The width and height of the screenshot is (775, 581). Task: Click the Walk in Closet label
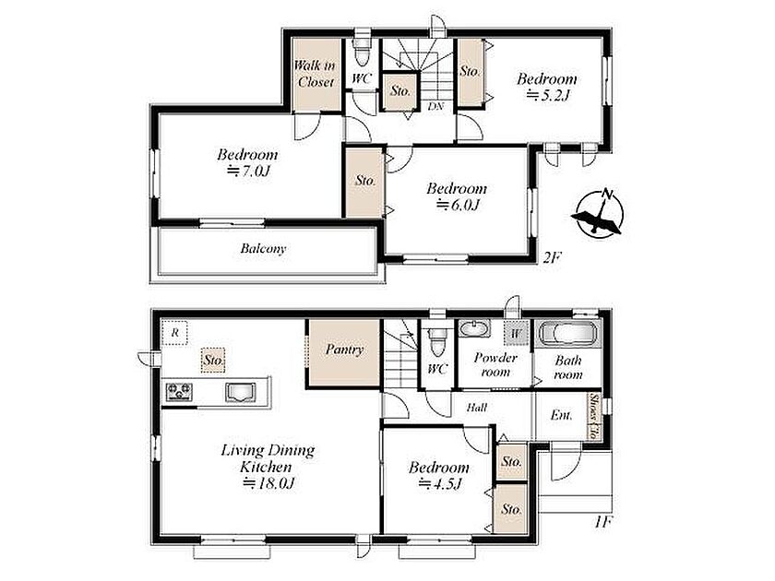315,74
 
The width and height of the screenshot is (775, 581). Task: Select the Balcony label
264,248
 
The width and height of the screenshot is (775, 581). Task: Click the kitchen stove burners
179,392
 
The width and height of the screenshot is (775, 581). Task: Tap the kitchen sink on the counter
241,392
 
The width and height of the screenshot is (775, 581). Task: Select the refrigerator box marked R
174,333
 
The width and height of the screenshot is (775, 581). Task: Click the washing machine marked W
516,333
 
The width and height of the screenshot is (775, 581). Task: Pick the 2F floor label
553,257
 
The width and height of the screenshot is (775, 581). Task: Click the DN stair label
435,106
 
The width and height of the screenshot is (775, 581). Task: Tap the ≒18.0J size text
269,483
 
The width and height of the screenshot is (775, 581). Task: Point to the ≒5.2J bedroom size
548,95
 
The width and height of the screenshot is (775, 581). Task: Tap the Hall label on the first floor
477,408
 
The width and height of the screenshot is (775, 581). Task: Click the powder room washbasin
474,328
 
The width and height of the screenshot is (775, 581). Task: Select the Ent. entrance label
562,415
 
